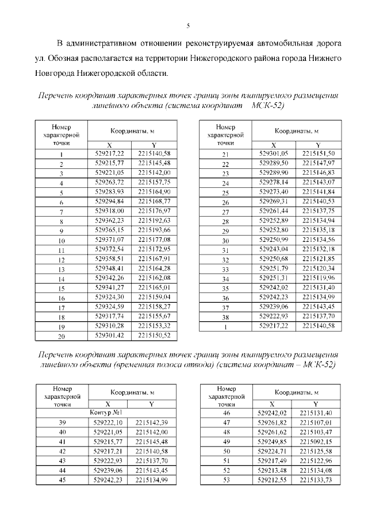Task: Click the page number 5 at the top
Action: click(188, 26)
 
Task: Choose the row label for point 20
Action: click(61, 336)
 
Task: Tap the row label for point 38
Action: click(225, 317)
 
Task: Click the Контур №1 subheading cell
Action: click(106, 413)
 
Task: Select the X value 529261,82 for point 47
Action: click(273, 422)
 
